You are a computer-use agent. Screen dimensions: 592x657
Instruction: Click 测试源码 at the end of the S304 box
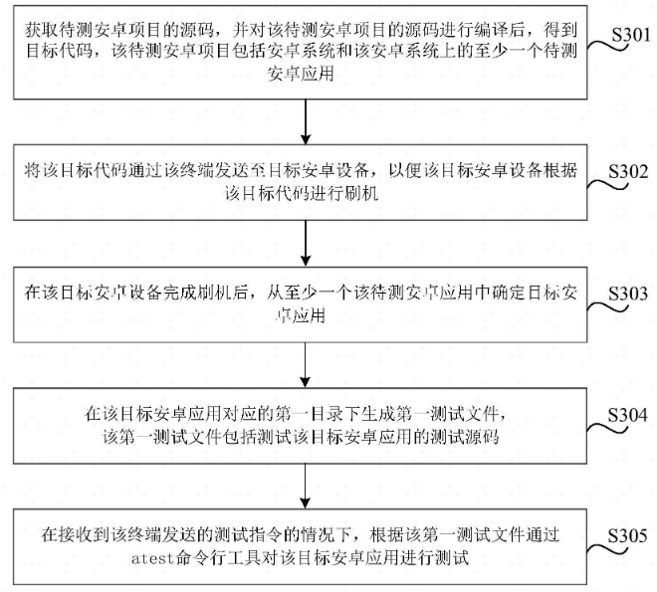coord(481,435)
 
